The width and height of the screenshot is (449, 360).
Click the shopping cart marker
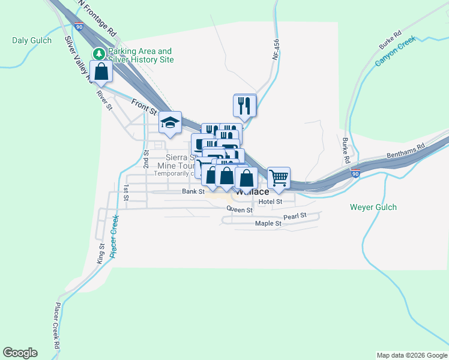(x=279, y=178)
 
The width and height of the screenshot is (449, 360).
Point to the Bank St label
(x=194, y=191)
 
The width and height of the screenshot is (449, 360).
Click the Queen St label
(x=240, y=209)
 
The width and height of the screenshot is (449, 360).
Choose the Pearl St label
(x=295, y=215)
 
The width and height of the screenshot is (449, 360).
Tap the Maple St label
(x=268, y=224)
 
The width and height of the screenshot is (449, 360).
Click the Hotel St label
(x=270, y=202)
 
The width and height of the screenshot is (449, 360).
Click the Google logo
(x=20, y=353)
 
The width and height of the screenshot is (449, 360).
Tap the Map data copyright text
(x=411, y=355)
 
